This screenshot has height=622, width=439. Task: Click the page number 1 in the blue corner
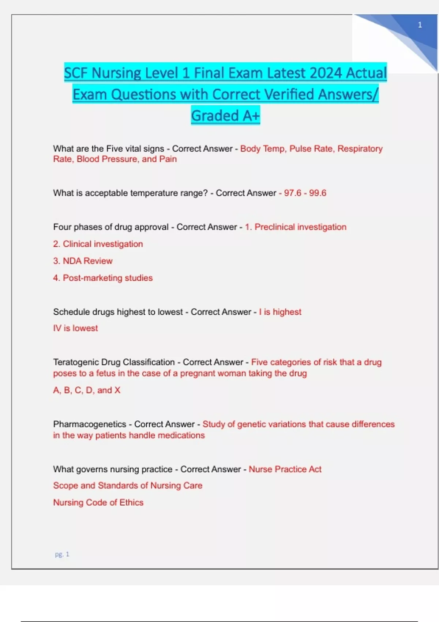point(420,25)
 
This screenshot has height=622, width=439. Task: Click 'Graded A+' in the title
point(225,116)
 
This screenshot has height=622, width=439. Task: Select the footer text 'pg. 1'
point(62,554)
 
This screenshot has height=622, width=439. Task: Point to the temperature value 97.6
point(293,193)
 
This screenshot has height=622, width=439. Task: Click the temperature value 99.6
point(318,193)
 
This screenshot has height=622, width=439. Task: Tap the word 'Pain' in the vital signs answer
point(168,159)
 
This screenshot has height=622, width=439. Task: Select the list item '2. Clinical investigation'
point(98,244)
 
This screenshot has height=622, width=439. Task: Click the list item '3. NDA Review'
point(83,261)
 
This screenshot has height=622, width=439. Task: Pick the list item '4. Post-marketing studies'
point(103,278)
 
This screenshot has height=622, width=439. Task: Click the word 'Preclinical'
point(275,227)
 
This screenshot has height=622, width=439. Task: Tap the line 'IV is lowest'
point(76,328)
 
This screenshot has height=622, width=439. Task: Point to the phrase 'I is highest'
point(280,312)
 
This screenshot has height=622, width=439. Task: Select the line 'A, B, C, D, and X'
point(87,390)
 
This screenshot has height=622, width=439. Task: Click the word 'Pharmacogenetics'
point(90,424)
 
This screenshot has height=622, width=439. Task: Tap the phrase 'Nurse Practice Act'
point(285,469)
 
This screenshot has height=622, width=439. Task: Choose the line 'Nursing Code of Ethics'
point(98,502)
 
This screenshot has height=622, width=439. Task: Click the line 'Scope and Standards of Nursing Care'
point(128,486)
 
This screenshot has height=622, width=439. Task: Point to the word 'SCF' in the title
point(76,73)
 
